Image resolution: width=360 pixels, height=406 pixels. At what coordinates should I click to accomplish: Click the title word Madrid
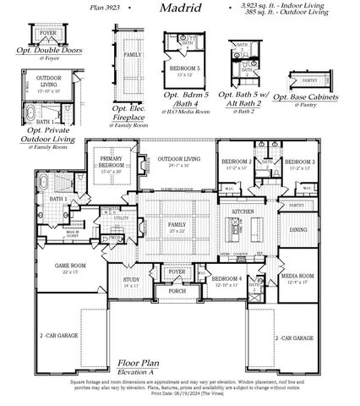tap(179, 8)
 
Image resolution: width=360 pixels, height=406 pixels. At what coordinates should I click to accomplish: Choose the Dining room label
tap(298, 229)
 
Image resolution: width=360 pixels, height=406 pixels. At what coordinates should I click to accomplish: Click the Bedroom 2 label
tap(237, 161)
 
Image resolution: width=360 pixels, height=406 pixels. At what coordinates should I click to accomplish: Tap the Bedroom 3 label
tap(299, 161)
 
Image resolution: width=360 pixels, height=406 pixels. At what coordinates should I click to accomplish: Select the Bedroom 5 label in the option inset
tap(184, 67)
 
